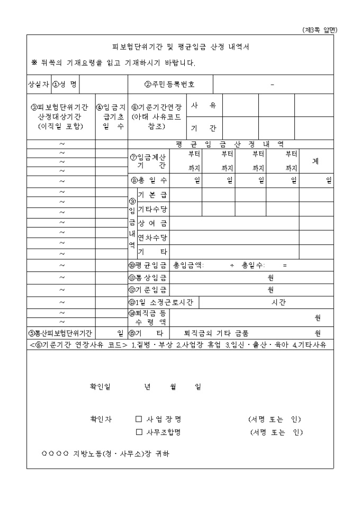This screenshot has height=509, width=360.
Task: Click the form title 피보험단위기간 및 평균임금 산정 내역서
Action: coord(181,47)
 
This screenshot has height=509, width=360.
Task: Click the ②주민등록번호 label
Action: coord(170,84)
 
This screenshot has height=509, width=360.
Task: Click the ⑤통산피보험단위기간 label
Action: coord(60,333)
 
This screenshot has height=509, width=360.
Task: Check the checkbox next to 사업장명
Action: coord(139,419)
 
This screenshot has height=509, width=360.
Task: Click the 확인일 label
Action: coord(100,386)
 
